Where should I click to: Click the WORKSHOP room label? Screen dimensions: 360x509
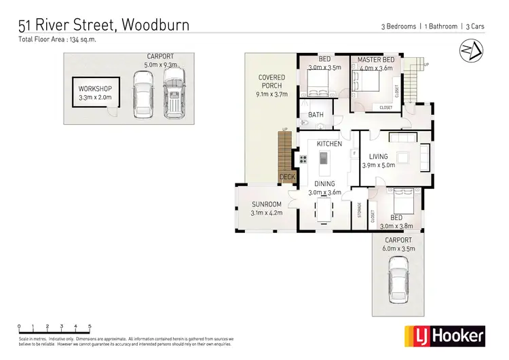click(x=94, y=88)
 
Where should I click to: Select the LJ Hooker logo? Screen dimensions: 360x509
click(x=445, y=335)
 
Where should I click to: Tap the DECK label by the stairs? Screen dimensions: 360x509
click(x=288, y=177)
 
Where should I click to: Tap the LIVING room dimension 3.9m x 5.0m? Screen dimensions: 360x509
click(x=378, y=165)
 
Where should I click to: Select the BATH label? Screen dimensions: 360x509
click(x=316, y=115)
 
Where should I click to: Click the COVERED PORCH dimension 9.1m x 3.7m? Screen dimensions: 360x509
click(x=271, y=94)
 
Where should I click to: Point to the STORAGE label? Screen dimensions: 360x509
click(x=359, y=212)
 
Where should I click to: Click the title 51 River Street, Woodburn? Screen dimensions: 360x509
click(x=104, y=25)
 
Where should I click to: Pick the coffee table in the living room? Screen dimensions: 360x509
click(x=403, y=158)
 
